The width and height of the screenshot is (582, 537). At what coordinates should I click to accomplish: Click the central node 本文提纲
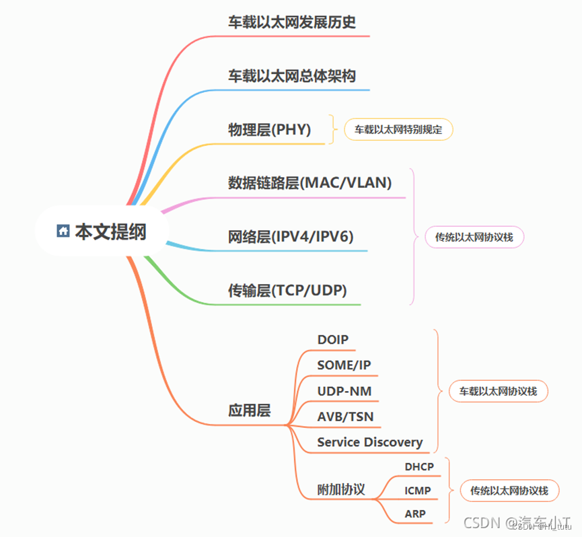point(110,231)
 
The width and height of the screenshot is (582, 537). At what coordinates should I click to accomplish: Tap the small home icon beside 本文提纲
point(63,231)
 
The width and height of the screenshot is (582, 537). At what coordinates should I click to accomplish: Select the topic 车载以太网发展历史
point(291,22)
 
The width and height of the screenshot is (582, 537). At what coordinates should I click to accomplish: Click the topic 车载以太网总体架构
point(291,76)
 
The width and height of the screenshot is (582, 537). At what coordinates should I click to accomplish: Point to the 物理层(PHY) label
point(269,130)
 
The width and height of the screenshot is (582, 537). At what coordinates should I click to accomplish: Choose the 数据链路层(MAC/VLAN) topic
point(310,183)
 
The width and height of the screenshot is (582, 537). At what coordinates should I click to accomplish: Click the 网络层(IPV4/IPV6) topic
point(290,236)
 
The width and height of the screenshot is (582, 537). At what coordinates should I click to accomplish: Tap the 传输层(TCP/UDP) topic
point(287,291)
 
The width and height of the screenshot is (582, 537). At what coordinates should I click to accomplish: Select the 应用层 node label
point(249,410)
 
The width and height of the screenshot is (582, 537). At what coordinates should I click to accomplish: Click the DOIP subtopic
point(333,340)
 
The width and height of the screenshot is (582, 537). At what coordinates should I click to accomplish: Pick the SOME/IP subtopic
point(344,365)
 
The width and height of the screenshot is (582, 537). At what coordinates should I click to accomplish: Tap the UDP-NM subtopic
point(344,391)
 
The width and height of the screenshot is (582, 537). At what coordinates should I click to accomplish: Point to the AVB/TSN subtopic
point(345,417)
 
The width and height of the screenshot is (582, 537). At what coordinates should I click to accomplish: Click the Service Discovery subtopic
point(369,442)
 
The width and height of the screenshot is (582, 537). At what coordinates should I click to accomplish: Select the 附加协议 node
point(341,490)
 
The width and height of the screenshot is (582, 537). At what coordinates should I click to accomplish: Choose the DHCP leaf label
point(419,466)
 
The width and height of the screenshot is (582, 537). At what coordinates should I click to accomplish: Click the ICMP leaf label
point(418,491)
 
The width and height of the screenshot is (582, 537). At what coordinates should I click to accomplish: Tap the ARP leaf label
point(415,515)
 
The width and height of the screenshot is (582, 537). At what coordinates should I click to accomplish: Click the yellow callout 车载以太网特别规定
point(398,130)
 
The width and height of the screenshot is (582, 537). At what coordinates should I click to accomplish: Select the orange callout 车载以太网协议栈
point(498,391)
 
